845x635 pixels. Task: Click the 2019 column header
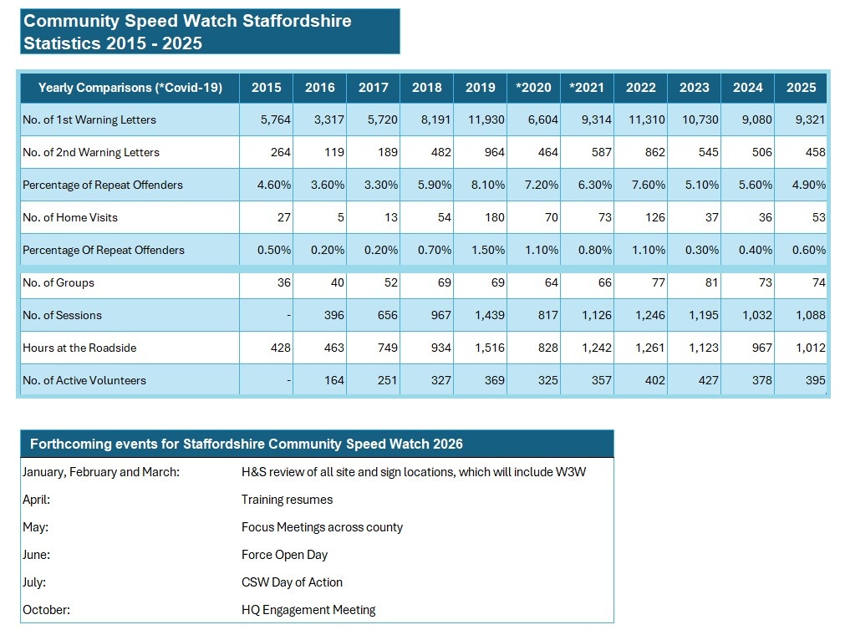[480, 87]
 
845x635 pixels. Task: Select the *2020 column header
[533, 87]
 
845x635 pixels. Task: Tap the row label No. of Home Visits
[70, 217]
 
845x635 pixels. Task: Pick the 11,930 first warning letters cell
[486, 119]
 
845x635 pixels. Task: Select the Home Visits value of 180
[494, 217]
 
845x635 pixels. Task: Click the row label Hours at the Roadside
[79, 348]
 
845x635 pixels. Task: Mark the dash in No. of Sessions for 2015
[288, 315]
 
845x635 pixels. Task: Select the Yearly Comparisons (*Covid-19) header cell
[130, 87]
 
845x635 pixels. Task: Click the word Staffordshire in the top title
[297, 21]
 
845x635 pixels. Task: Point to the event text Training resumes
[287, 500]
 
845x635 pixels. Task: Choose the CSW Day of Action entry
[292, 582]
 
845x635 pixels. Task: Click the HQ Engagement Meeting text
[308, 610]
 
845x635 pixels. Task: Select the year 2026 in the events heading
[445, 444]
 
